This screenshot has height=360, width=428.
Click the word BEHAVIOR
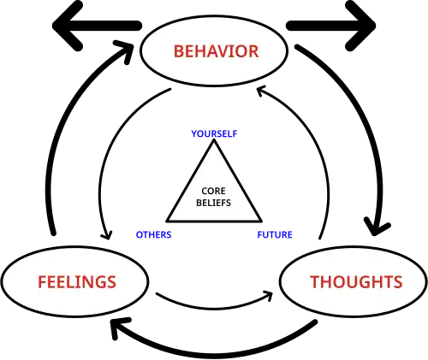click(x=216, y=51)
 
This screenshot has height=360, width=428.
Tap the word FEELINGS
click(x=77, y=282)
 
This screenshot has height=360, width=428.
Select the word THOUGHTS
click(x=356, y=282)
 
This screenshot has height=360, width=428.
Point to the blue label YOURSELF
click(x=214, y=133)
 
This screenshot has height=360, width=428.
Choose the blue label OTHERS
click(x=153, y=234)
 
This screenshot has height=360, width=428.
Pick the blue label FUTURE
click(x=275, y=234)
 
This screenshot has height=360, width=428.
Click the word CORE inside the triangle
click(x=213, y=191)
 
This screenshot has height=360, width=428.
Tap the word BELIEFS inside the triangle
click(x=213, y=203)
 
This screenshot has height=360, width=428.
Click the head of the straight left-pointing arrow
click(x=67, y=26)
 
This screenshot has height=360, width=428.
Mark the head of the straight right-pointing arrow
click(x=361, y=26)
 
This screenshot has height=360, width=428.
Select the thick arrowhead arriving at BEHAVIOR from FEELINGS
click(x=125, y=50)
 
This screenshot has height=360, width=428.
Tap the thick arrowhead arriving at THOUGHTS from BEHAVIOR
click(x=376, y=227)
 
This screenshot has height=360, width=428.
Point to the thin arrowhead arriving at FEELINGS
click(x=107, y=236)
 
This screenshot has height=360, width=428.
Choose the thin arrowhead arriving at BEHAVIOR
click(x=260, y=91)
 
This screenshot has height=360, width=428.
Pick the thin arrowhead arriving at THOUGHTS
click(x=269, y=296)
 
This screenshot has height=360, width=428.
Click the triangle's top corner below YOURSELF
click(x=214, y=140)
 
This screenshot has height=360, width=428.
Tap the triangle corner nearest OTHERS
click(x=168, y=221)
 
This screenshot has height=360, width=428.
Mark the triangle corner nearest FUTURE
click(x=261, y=221)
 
